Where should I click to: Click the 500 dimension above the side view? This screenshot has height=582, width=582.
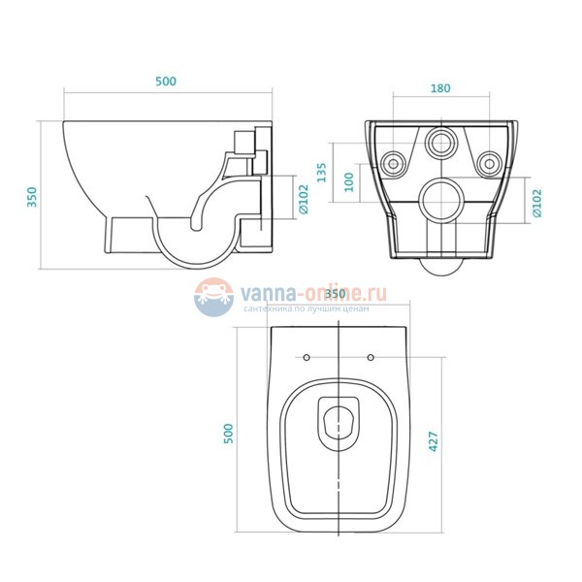click(x=166, y=82)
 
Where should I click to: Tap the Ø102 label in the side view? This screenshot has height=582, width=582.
click(x=303, y=200)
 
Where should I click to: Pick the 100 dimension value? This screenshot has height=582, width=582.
click(x=350, y=182)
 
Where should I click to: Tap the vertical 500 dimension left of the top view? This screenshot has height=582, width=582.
click(x=229, y=432)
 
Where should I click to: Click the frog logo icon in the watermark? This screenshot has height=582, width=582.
click(x=211, y=297)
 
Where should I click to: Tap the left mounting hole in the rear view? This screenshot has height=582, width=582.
click(x=395, y=161)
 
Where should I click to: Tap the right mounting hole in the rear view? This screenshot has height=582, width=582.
click(x=488, y=161)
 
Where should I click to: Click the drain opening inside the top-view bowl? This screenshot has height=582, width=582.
click(x=339, y=421)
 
